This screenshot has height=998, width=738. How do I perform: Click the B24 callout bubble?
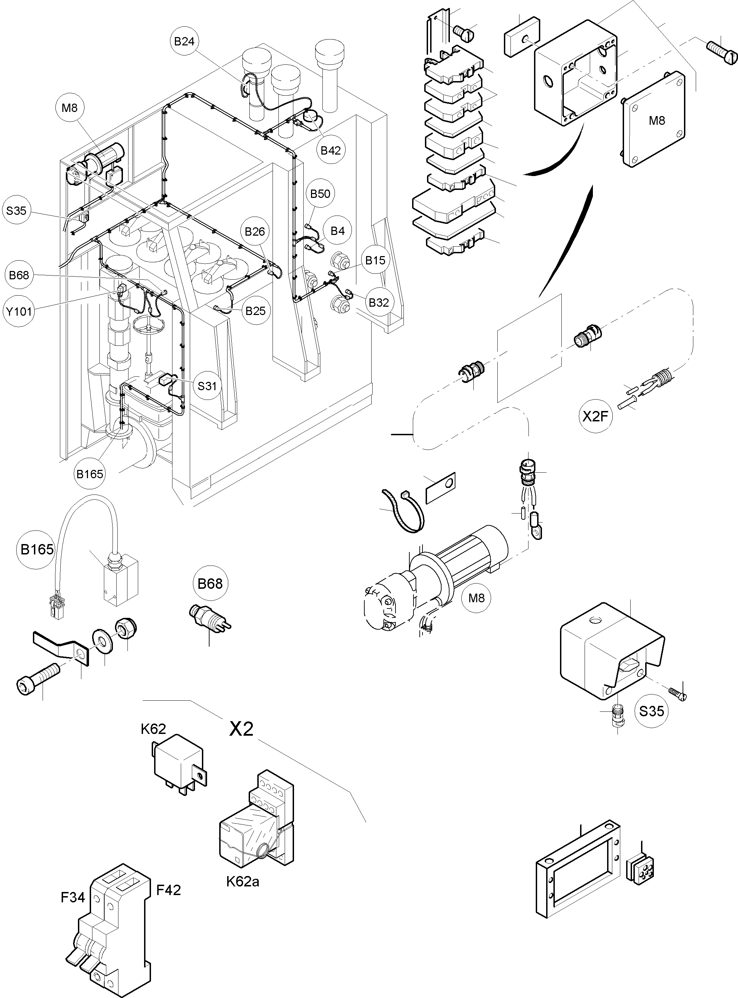[x=184, y=41]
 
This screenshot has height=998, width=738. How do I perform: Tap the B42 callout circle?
[x=331, y=150]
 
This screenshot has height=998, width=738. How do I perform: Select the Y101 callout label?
[x=19, y=311]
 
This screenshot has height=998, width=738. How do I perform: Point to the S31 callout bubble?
[x=207, y=386]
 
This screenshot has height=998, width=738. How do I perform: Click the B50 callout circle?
[x=320, y=193]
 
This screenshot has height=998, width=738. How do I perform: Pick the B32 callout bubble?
[x=379, y=303]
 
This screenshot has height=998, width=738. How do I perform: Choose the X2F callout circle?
[x=596, y=417]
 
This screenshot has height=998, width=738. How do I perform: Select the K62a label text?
[x=242, y=881]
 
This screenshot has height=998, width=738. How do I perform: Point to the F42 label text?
[x=168, y=890]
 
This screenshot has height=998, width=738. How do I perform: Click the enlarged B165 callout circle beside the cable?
[x=37, y=549]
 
